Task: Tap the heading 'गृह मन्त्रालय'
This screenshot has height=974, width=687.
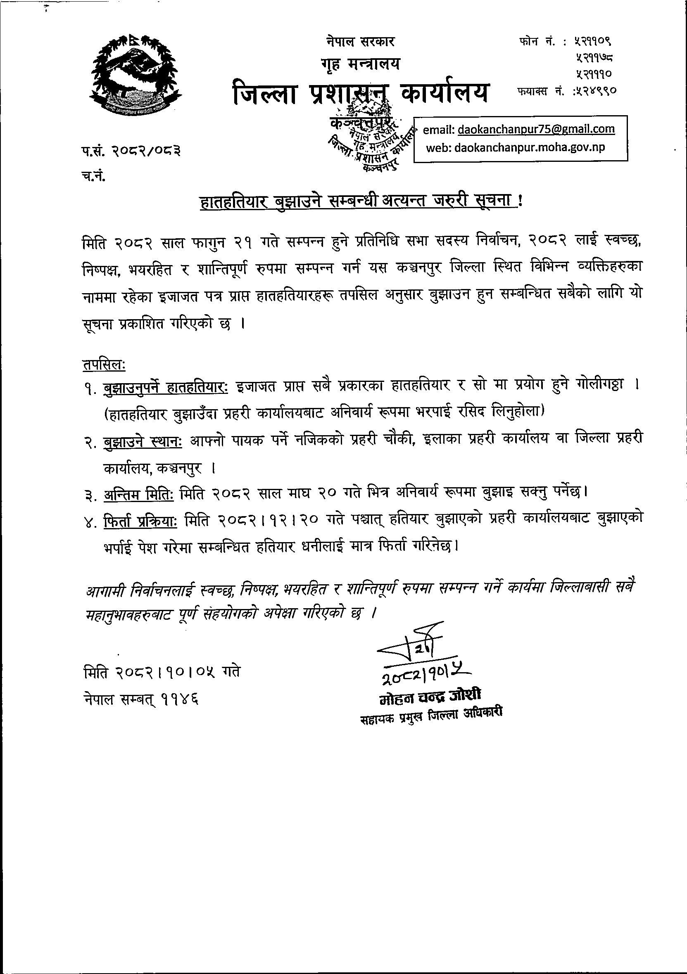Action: coord(360,64)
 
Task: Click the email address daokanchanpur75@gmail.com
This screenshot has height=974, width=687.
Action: coord(536,129)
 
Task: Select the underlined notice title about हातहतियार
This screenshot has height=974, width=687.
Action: coord(361,201)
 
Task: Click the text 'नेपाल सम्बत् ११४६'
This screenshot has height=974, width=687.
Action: coord(141,699)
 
